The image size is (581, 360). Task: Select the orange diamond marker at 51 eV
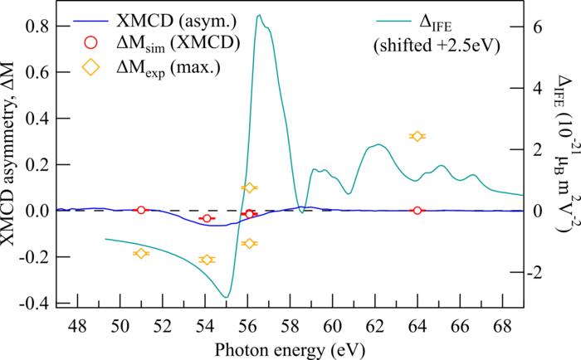(140, 253)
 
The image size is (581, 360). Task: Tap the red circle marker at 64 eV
(417, 210)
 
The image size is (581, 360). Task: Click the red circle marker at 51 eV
(140, 210)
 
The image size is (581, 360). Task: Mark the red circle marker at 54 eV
(207, 218)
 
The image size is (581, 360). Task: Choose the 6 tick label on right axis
(538, 26)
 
